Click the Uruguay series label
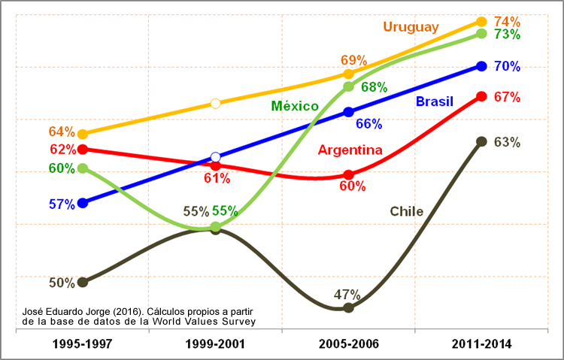click(x=411, y=27)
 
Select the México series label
click(x=295, y=106)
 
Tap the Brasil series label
click(x=435, y=101)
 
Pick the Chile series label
click(x=406, y=211)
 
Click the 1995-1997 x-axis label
click(x=83, y=344)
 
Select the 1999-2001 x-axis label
click(x=215, y=344)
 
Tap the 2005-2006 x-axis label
click(x=348, y=344)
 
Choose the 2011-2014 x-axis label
click(x=481, y=344)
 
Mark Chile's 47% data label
click(x=348, y=295)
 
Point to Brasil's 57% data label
click(x=62, y=204)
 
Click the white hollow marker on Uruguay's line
click(x=215, y=103)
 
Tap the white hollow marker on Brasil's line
click(x=216, y=158)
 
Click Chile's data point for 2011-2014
click(x=481, y=141)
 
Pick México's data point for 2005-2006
click(x=348, y=87)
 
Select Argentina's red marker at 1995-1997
click(x=83, y=149)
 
